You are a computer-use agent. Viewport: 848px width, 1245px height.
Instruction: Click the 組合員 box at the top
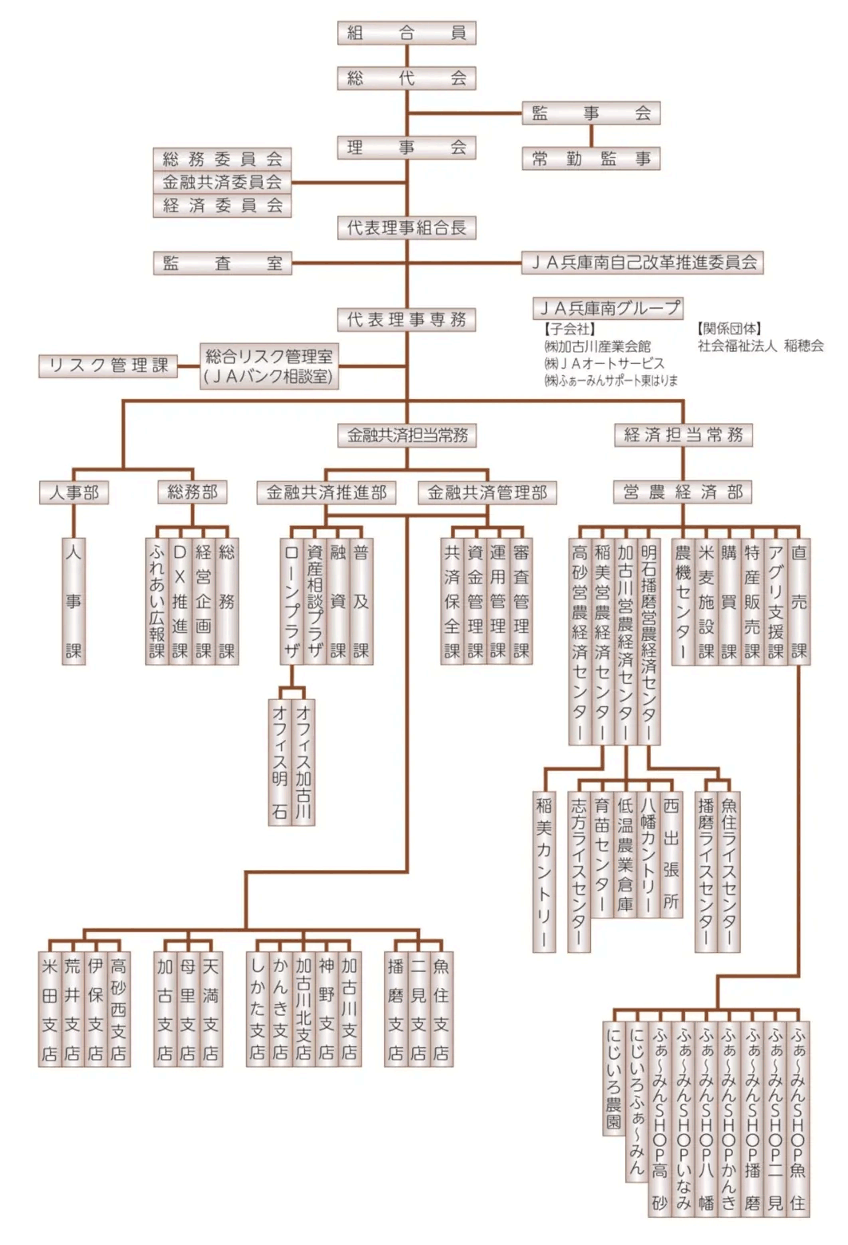point(406,33)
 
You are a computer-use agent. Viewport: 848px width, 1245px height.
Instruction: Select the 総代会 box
point(406,78)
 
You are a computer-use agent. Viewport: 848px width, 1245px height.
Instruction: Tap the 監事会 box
point(591,113)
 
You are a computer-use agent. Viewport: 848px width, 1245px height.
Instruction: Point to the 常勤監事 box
point(591,159)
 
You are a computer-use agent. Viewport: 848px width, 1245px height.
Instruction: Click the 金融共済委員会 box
point(222,182)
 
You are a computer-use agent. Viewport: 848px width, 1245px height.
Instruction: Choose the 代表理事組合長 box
point(406,227)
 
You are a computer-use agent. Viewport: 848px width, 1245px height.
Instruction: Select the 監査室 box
point(222,263)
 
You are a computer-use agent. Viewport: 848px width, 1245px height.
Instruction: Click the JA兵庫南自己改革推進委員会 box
point(644,263)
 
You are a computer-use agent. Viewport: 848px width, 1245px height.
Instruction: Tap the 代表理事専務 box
point(406,320)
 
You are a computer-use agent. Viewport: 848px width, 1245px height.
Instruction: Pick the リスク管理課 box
point(108,366)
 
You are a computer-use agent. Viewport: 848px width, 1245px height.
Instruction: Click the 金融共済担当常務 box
point(407,435)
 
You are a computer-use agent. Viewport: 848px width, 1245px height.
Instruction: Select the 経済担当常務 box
point(683,435)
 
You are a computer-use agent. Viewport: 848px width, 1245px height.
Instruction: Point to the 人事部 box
point(73,492)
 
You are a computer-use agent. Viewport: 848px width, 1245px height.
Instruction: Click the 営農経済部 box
point(683,492)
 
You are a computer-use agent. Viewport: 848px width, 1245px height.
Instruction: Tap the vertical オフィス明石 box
point(279,761)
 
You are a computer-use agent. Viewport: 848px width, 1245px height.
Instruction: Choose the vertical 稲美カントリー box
point(544,871)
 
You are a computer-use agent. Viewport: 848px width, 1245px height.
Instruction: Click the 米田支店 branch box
point(50,1010)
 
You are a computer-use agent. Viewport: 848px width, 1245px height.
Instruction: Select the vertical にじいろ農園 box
point(613,1078)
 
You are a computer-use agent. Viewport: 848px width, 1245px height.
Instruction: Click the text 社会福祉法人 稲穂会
point(760,346)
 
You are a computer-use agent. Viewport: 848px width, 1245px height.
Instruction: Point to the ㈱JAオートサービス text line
point(604,363)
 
